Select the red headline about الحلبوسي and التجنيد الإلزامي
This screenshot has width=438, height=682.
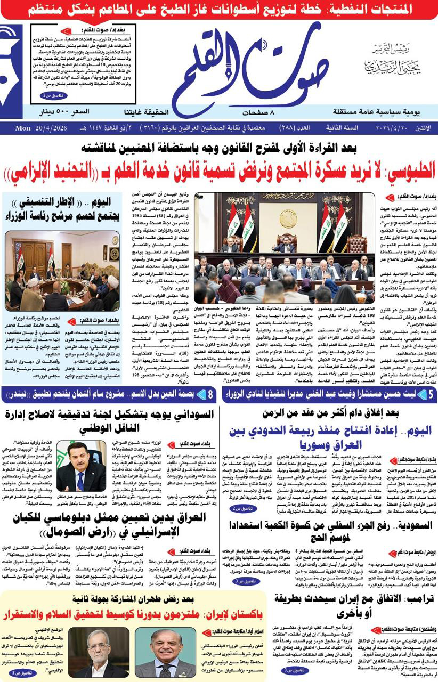pyautogui.click(x=218, y=172)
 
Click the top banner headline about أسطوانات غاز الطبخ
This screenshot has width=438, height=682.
pyautogui.click(x=218, y=10)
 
